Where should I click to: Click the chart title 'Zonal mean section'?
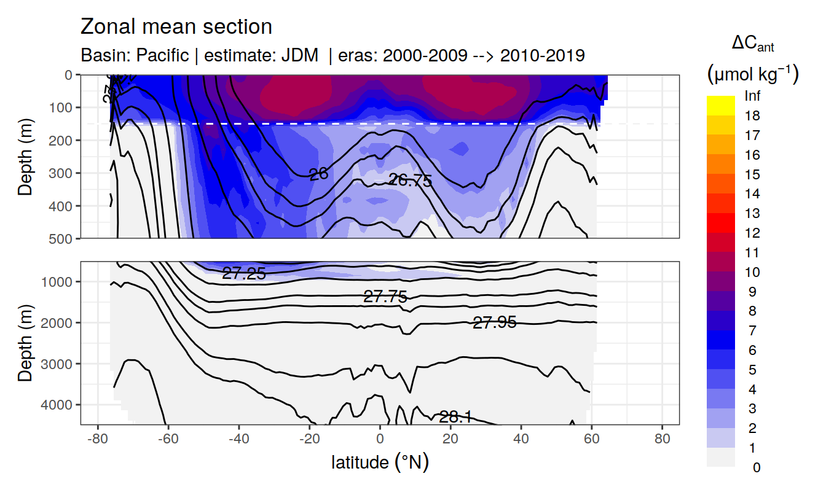click(176, 27)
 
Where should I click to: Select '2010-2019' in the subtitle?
click(542, 56)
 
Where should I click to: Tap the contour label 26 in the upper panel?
click(318, 174)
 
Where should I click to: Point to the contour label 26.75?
click(411, 180)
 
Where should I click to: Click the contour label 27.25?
click(244, 274)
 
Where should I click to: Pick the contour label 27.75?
click(385, 297)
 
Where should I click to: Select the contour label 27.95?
click(494, 322)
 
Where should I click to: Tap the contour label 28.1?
click(455, 418)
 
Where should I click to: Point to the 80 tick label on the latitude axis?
click(662, 440)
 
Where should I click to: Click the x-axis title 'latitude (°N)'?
click(380, 462)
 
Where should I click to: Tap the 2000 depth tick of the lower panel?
click(58, 322)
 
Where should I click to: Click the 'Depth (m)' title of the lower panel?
click(25, 342)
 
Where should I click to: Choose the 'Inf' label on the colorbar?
click(752, 96)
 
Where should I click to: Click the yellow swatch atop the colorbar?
click(720, 105)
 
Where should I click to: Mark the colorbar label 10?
click(752, 272)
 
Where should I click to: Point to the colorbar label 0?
click(756, 467)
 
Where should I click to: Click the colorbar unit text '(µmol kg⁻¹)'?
click(752, 74)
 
